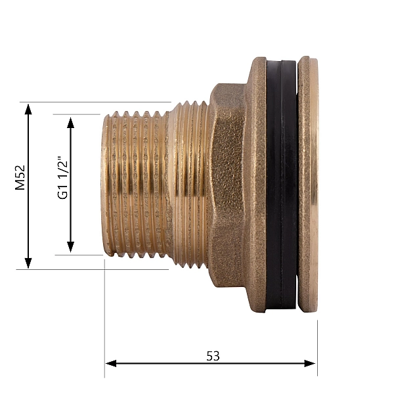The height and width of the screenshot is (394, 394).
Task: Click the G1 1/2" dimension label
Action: (63, 177)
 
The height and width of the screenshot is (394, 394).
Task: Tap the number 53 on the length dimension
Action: (213, 355)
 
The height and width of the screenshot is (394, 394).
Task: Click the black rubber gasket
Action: (282, 184)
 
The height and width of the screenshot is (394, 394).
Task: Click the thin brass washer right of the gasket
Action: (307, 184)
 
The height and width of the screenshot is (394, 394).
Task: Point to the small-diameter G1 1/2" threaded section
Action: (135, 184)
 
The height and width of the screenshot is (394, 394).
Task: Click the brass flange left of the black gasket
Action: (257, 184)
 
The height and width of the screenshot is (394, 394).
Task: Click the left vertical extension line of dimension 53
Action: (104, 315)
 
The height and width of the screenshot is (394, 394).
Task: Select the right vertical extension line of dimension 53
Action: (317, 341)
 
